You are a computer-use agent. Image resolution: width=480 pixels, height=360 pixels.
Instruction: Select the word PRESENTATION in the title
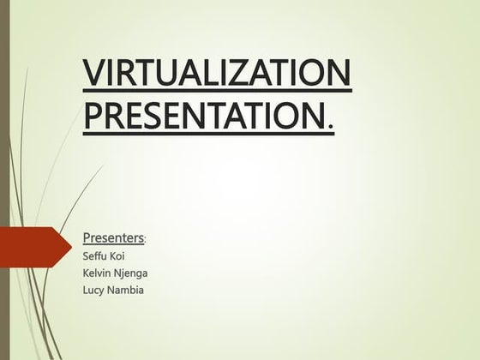point(205,115)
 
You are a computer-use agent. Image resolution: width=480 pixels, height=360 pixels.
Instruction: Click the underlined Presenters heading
point(113,236)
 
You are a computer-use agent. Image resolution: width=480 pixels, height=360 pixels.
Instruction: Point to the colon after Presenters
point(146,239)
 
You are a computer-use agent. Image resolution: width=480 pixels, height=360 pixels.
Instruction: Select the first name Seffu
point(94,255)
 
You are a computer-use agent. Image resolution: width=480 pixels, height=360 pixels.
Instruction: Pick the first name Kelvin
point(97,273)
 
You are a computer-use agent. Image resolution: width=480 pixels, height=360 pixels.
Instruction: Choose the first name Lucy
point(93,291)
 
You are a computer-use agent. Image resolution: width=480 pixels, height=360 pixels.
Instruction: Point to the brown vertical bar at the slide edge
point(4,180)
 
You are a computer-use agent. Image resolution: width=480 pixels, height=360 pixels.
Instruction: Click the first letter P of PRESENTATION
point(92,115)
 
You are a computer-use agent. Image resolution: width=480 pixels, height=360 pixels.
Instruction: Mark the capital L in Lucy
point(85,291)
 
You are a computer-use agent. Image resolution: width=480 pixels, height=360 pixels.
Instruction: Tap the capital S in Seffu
point(86,255)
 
